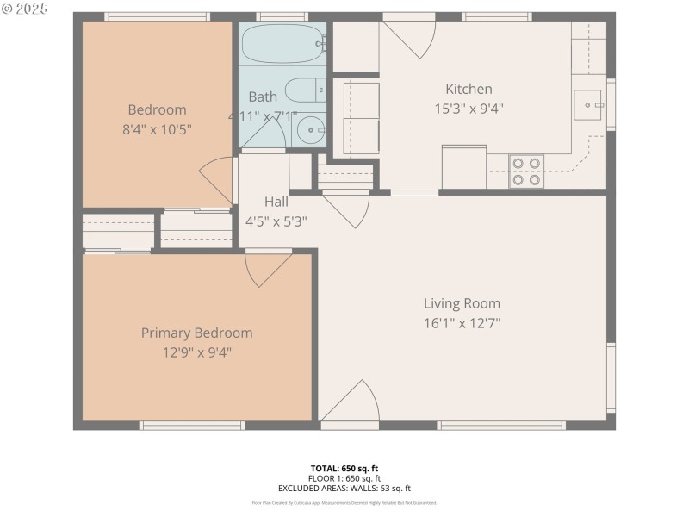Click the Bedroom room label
[x=157, y=109]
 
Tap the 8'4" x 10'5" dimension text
[x=157, y=129]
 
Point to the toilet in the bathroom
[x=304, y=90]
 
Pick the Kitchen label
[x=469, y=89]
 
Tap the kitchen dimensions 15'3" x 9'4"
[x=469, y=109]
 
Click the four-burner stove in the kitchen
[x=525, y=170]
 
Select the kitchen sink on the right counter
[x=590, y=104]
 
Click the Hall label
[x=276, y=201]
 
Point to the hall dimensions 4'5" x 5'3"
[x=276, y=221]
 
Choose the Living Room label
[x=462, y=303]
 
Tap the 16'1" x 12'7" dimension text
[x=462, y=323]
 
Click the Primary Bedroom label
[x=197, y=333]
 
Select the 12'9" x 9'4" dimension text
[x=197, y=352]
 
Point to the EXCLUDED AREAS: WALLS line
[x=344, y=488]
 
